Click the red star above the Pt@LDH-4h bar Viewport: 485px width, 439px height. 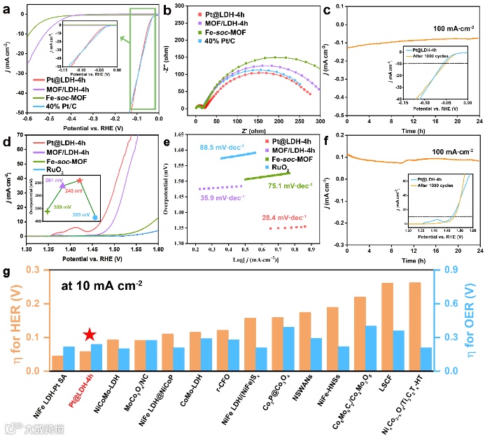click(x=88, y=336)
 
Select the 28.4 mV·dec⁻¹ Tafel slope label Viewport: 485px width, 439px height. click(x=269, y=217)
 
